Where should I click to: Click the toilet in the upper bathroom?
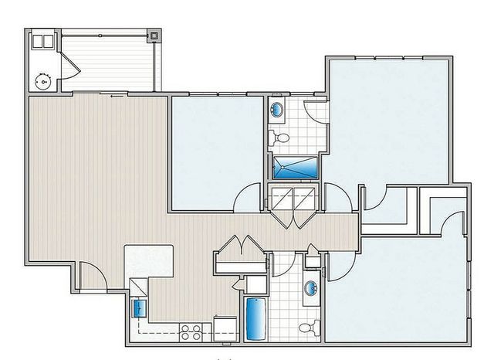280,138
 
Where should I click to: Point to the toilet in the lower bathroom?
309,328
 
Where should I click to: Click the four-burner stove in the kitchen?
190,332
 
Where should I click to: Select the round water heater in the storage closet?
43,79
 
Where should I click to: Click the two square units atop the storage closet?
43,41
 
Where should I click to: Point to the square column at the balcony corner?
155,36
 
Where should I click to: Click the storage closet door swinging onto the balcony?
70,68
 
